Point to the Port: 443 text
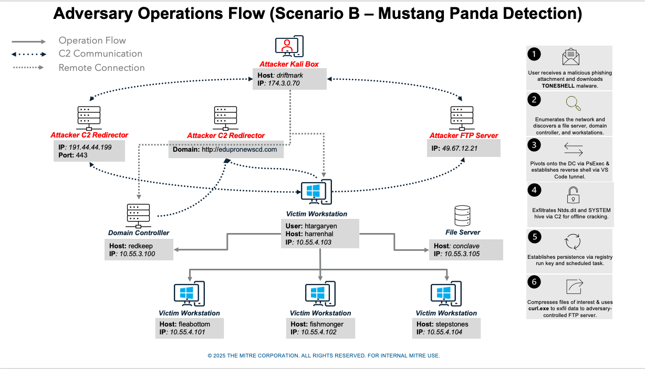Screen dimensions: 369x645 pyautogui.click(x=73, y=155)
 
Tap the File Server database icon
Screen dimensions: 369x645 pyautogui.click(x=462, y=216)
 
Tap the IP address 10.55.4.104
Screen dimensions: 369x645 pyautogui.click(x=444, y=332)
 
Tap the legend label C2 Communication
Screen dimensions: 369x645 pyautogui.click(x=100, y=54)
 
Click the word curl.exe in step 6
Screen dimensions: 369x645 pyautogui.click(x=540, y=309)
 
